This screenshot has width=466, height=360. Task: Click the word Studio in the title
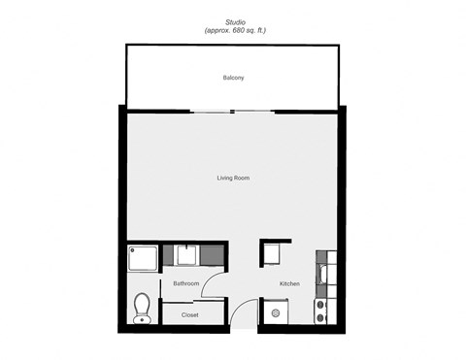[235, 20]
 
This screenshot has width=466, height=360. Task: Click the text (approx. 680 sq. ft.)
[235, 31]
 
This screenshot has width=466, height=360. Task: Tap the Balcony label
[233, 78]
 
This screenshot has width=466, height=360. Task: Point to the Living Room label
[234, 178]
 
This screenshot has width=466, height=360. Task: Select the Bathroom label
[185, 283]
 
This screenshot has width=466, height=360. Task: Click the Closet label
[189, 315]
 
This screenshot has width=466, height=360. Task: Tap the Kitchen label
[289, 283]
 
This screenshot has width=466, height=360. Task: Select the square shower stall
[141, 258]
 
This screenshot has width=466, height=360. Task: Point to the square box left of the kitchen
[272, 254]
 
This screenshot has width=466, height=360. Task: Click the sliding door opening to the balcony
[233, 109]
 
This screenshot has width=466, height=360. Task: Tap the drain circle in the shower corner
[133, 250]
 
